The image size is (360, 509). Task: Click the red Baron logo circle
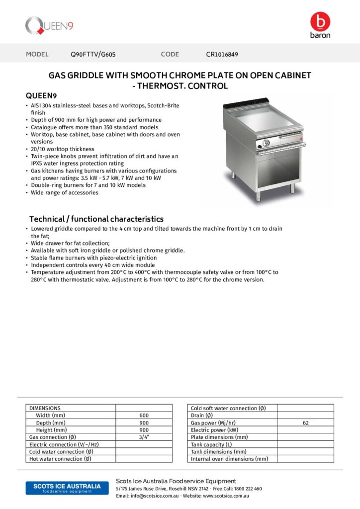pyautogui.click(x=320, y=22)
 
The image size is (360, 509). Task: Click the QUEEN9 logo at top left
pyautogui.click(x=49, y=26)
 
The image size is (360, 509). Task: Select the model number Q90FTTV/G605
pyautogui.click(x=93, y=54)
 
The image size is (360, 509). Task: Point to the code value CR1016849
pyautogui.click(x=222, y=54)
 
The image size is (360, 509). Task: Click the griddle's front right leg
pyautogui.click(x=292, y=188)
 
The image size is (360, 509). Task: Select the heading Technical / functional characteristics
pyautogui.click(x=96, y=219)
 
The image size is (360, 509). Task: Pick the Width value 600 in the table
pyautogui.click(x=144, y=416)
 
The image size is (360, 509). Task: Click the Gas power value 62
pyautogui.click(x=305, y=423)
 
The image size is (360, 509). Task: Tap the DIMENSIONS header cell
pyautogui.click(x=45, y=408)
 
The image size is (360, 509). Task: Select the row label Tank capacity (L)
pyautogui.click(x=211, y=444)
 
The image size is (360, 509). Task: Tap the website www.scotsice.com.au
pyautogui.click(x=226, y=496)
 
